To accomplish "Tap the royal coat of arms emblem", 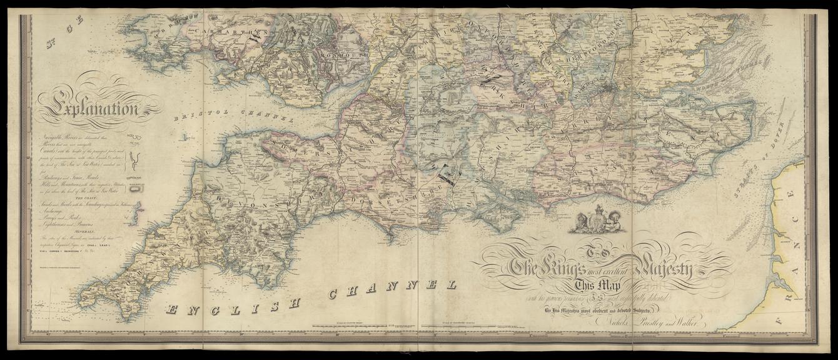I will coord(597,220).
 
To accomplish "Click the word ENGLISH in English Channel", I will coord(232,304).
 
